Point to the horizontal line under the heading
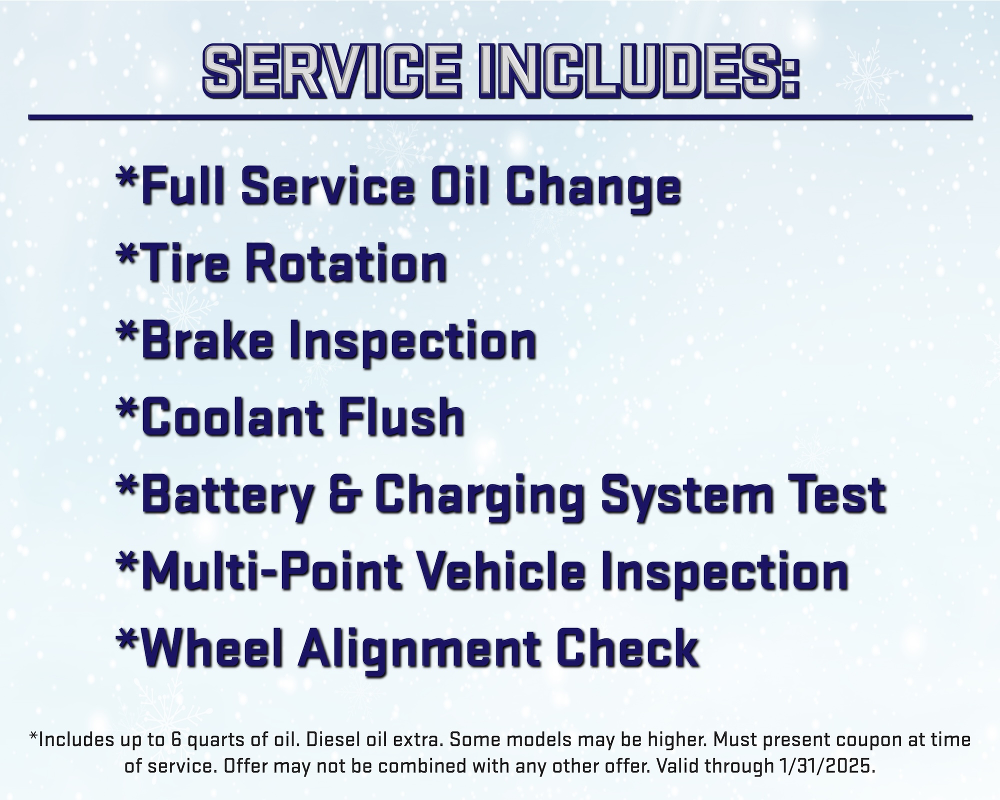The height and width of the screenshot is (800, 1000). (x=500, y=117)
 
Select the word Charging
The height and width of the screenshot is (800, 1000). (x=484, y=497)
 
